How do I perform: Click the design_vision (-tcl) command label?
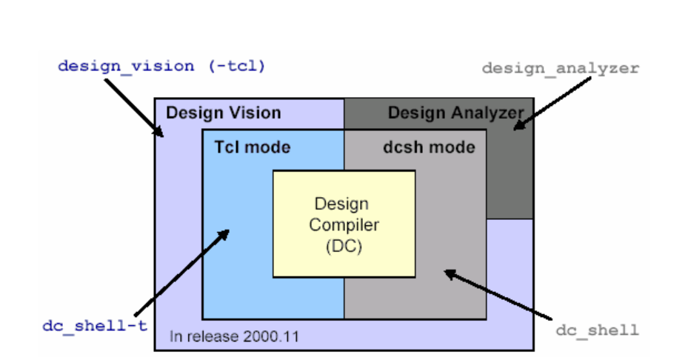click(161, 66)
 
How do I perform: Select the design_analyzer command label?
click(560, 68)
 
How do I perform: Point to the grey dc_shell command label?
click(597, 330)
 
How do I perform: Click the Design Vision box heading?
click(223, 113)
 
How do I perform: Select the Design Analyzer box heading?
click(455, 113)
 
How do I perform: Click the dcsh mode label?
click(429, 147)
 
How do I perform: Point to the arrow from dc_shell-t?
click(181, 271)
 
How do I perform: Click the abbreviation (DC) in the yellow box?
click(344, 247)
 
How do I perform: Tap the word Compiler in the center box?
click(344, 225)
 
